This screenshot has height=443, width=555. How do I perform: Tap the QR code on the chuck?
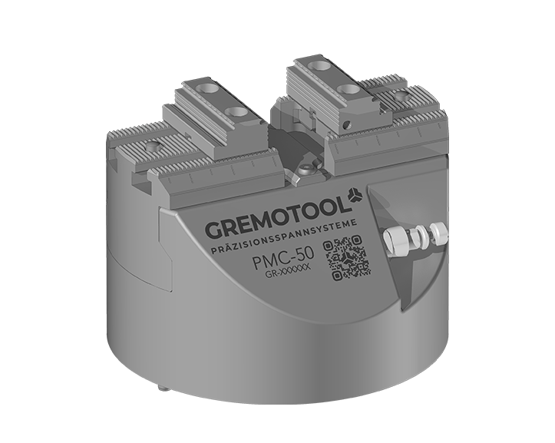tap(348, 257)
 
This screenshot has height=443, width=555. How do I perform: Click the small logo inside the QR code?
tap(348, 257)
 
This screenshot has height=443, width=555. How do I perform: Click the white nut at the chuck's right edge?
tap(438, 233)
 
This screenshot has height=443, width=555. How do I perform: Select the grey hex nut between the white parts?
tap(414, 236)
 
